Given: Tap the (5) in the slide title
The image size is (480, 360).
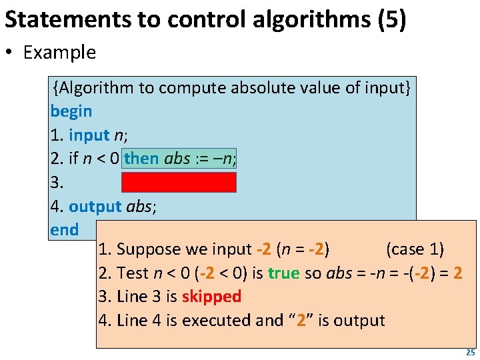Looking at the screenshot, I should pyautogui.click(x=391, y=20).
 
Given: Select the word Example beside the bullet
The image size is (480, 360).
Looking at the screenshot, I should pyautogui.click(x=59, y=53).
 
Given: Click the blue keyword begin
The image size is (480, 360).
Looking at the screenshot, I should pyautogui.click(x=71, y=111).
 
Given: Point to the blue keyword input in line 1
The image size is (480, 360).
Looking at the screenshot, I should pyautogui.click(x=89, y=135).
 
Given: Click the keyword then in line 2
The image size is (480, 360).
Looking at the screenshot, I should pyautogui.click(x=141, y=159).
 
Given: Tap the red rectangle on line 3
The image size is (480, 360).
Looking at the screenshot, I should pyautogui.click(x=179, y=182).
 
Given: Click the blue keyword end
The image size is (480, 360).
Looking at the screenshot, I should pyautogui.click(x=64, y=230).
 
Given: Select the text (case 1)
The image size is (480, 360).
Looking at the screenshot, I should pyautogui.click(x=415, y=249).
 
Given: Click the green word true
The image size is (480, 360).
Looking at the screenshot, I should pyautogui.click(x=284, y=273).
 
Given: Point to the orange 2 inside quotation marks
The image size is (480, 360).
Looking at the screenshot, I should pyautogui.click(x=301, y=320).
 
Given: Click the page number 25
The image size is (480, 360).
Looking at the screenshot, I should pyautogui.click(x=470, y=353).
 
